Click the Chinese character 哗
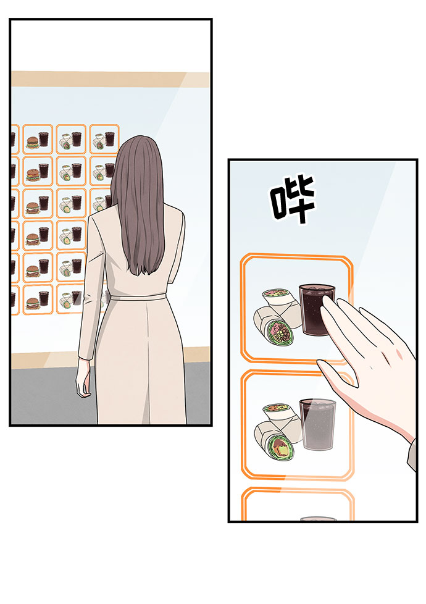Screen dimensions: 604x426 293,199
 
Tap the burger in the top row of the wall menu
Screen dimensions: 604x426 32,142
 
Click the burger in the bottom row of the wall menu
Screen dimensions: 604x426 32,303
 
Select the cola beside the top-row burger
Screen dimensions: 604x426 44,139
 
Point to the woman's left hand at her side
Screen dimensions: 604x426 83,387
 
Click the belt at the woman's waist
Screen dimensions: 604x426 136,298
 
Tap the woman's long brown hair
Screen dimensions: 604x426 139,204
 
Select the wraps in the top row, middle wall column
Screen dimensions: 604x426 65,143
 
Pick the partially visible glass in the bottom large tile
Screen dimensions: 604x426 318,519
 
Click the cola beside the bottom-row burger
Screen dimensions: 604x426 44,299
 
